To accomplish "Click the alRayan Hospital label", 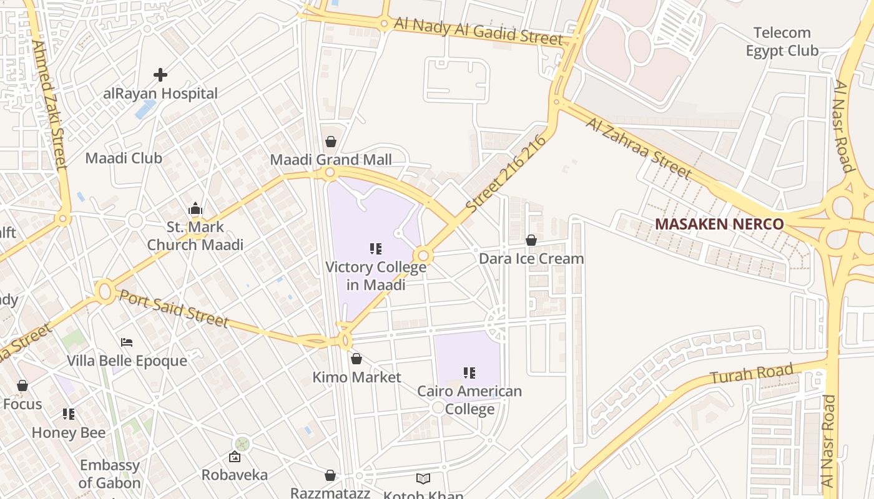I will click(x=160, y=94).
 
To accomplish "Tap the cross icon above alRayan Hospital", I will click(x=160, y=75).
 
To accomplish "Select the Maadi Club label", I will click(x=124, y=158).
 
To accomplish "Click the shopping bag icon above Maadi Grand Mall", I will click(x=331, y=142).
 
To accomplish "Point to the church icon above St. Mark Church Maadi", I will click(x=195, y=208).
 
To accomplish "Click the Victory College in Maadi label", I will click(x=376, y=276).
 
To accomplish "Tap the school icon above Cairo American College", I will click(x=469, y=373).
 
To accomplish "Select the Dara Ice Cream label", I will click(x=531, y=258).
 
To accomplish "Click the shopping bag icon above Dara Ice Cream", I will click(x=531, y=240).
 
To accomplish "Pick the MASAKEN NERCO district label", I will click(x=719, y=224).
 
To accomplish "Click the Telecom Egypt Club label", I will click(x=782, y=41).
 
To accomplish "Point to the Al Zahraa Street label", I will click(x=639, y=147).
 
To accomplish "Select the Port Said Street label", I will click(x=173, y=308).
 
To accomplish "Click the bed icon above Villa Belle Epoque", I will click(x=127, y=342).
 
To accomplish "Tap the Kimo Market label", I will click(x=356, y=377).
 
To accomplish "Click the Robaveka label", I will click(x=235, y=475).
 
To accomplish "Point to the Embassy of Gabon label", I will click(x=110, y=474).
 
